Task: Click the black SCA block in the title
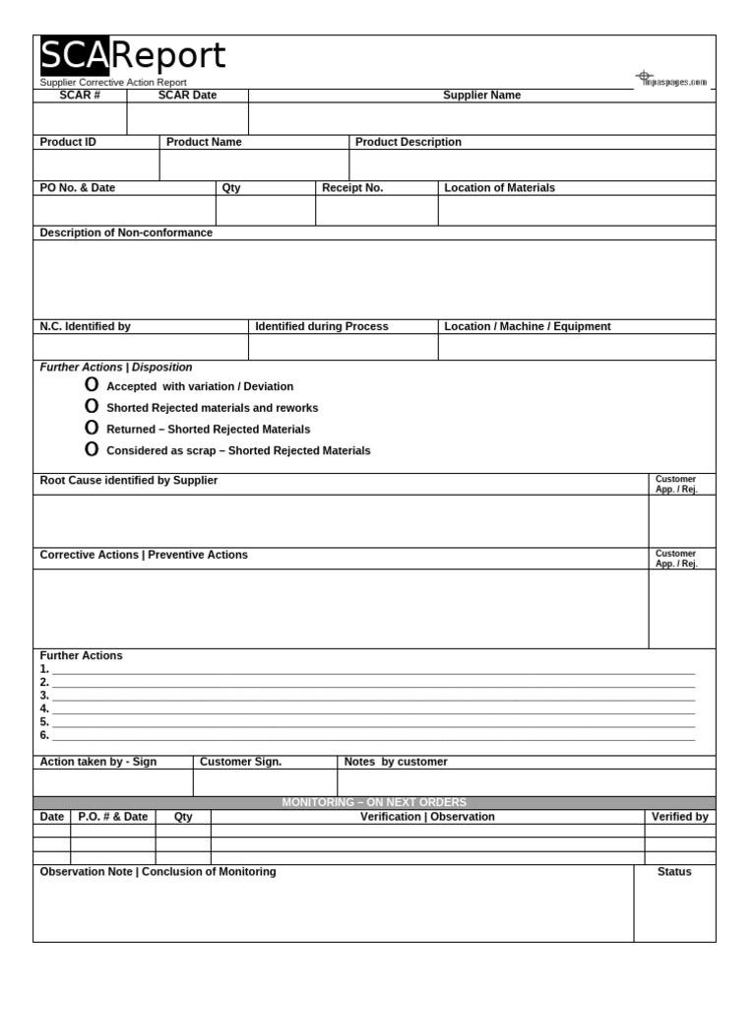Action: pos(74,56)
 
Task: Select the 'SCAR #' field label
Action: pos(80,96)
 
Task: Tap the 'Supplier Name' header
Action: pos(481,96)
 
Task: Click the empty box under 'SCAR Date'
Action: pos(187,118)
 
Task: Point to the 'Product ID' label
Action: pos(68,142)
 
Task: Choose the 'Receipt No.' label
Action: pos(352,187)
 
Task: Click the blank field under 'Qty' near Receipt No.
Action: pos(265,211)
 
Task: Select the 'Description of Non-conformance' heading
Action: pos(126,233)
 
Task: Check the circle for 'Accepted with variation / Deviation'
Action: pos(92,385)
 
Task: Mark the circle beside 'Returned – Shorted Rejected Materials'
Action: pos(92,429)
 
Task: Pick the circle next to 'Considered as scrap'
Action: pos(92,450)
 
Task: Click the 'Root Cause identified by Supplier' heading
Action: pos(129,481)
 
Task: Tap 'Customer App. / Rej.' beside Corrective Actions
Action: pos(676,559)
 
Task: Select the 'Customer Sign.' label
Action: pos(240,762)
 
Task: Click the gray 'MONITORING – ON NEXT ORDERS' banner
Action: pos(374,803)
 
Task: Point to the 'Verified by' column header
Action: pos(679,817)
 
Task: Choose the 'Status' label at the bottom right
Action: pos(674,872)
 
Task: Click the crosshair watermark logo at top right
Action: pos(645,76)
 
